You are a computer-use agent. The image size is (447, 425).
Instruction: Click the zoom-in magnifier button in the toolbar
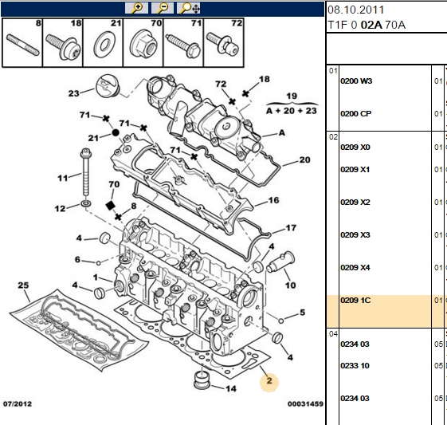[136, 8]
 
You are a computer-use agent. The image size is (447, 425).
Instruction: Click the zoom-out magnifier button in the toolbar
[163, 8]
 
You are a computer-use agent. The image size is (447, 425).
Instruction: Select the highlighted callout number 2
[269, 381]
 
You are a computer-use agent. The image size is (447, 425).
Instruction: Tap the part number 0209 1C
[355, 301]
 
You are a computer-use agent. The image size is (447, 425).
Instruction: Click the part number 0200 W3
[356, 81]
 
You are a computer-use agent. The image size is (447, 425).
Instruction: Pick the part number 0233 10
[355, 366]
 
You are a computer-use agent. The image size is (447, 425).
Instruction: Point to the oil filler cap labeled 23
[106, 86]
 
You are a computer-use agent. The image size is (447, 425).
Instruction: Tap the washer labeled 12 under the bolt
[86, 203]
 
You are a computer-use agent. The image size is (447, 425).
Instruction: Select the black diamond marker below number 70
[110, 206]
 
